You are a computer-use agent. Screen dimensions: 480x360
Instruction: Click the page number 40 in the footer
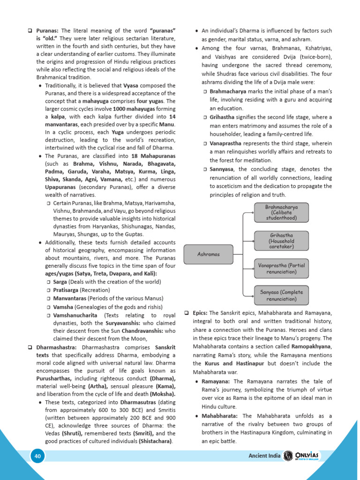pyautogui.click(x=37, y=456)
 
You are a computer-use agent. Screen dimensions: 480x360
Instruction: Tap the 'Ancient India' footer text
pyautogui.click(x=264, y=456)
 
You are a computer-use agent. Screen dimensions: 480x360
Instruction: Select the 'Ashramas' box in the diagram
pyautogui.click(x=209, y=254)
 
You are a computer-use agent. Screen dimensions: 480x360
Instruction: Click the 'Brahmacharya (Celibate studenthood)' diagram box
pyautogui.click(x=282, y=212)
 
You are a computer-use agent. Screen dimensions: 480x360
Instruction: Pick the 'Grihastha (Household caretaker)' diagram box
pyautogui.click(x=282, y=240)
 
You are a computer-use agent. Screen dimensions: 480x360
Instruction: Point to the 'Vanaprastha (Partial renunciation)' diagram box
pyautogui.click(x=282, y=268)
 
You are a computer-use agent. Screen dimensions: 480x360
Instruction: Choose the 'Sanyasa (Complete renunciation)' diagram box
pyautogui.click(x=282, y=295)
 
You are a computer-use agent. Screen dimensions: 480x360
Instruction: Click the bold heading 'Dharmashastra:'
pyautogui.click(x=57, y=347)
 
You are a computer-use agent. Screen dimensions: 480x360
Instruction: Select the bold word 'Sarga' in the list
pyautogui.click(x=60, y=282)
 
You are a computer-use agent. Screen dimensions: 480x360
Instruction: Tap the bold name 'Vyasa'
pyautogui.click(x=130, y=86)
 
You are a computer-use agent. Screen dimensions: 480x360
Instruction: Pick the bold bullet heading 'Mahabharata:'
pyautogui.click(x=220, y=416)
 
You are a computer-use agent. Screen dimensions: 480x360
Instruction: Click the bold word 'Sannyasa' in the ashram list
pyautogui.click(x=223, y=169)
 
